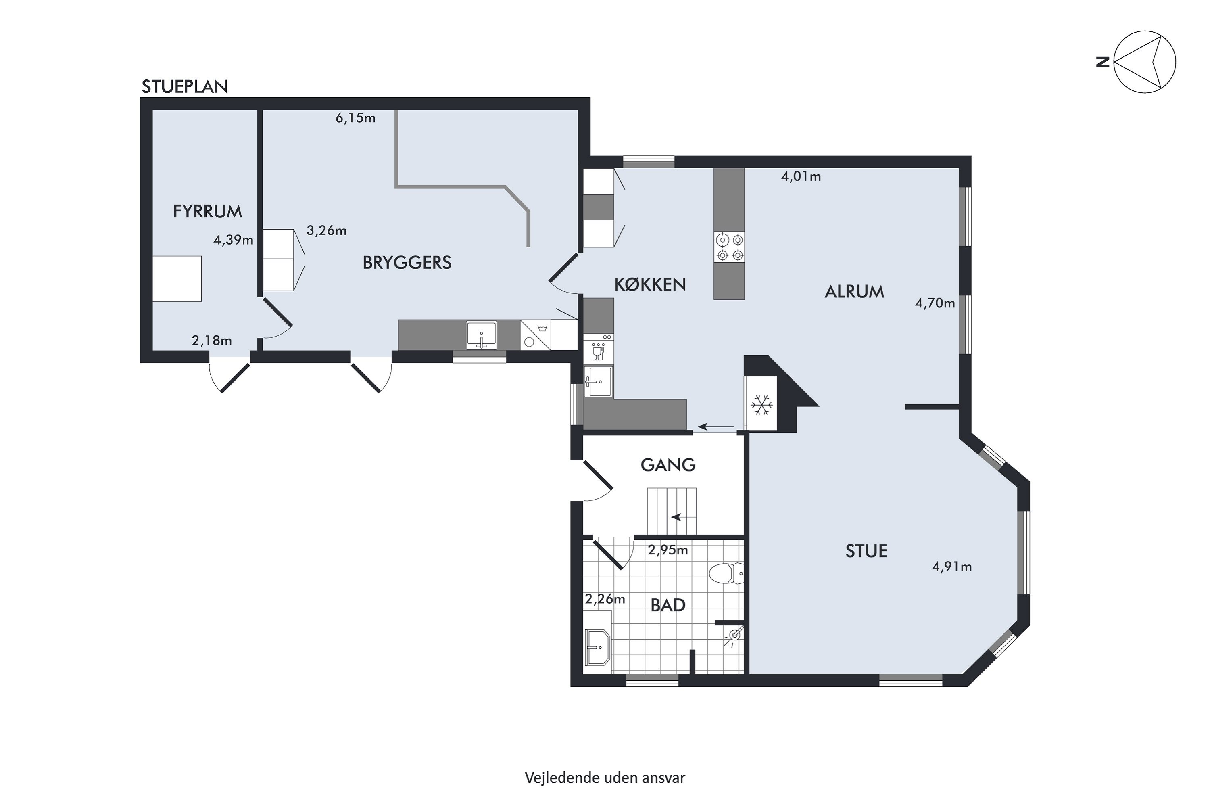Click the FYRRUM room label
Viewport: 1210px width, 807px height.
click(207, 211)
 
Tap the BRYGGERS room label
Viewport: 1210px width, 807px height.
click(407, 263)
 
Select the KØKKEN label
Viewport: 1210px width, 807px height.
click(650, 284)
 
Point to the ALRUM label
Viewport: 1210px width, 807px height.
click(855, 292)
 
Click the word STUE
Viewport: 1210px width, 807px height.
click(866, 551)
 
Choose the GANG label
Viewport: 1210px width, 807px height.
click(668, 465)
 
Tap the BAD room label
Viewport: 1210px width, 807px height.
click(668, 605)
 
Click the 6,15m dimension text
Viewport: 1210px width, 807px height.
click(355, 118)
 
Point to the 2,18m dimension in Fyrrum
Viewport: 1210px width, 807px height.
click(212, 340)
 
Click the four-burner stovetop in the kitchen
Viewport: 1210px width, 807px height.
click(729, 248)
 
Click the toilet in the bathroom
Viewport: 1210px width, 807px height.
click(726, 573)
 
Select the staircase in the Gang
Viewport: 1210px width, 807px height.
click(672, 512)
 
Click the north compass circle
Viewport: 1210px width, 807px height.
click(1145, 62)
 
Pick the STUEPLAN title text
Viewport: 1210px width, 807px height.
click(185, 87)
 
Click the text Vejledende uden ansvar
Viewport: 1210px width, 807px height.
click(605, 778)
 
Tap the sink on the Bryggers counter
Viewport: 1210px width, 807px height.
click(482, 335)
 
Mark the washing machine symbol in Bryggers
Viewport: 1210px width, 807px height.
click(536, 335)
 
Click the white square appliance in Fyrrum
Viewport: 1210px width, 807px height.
click(177, 278)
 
